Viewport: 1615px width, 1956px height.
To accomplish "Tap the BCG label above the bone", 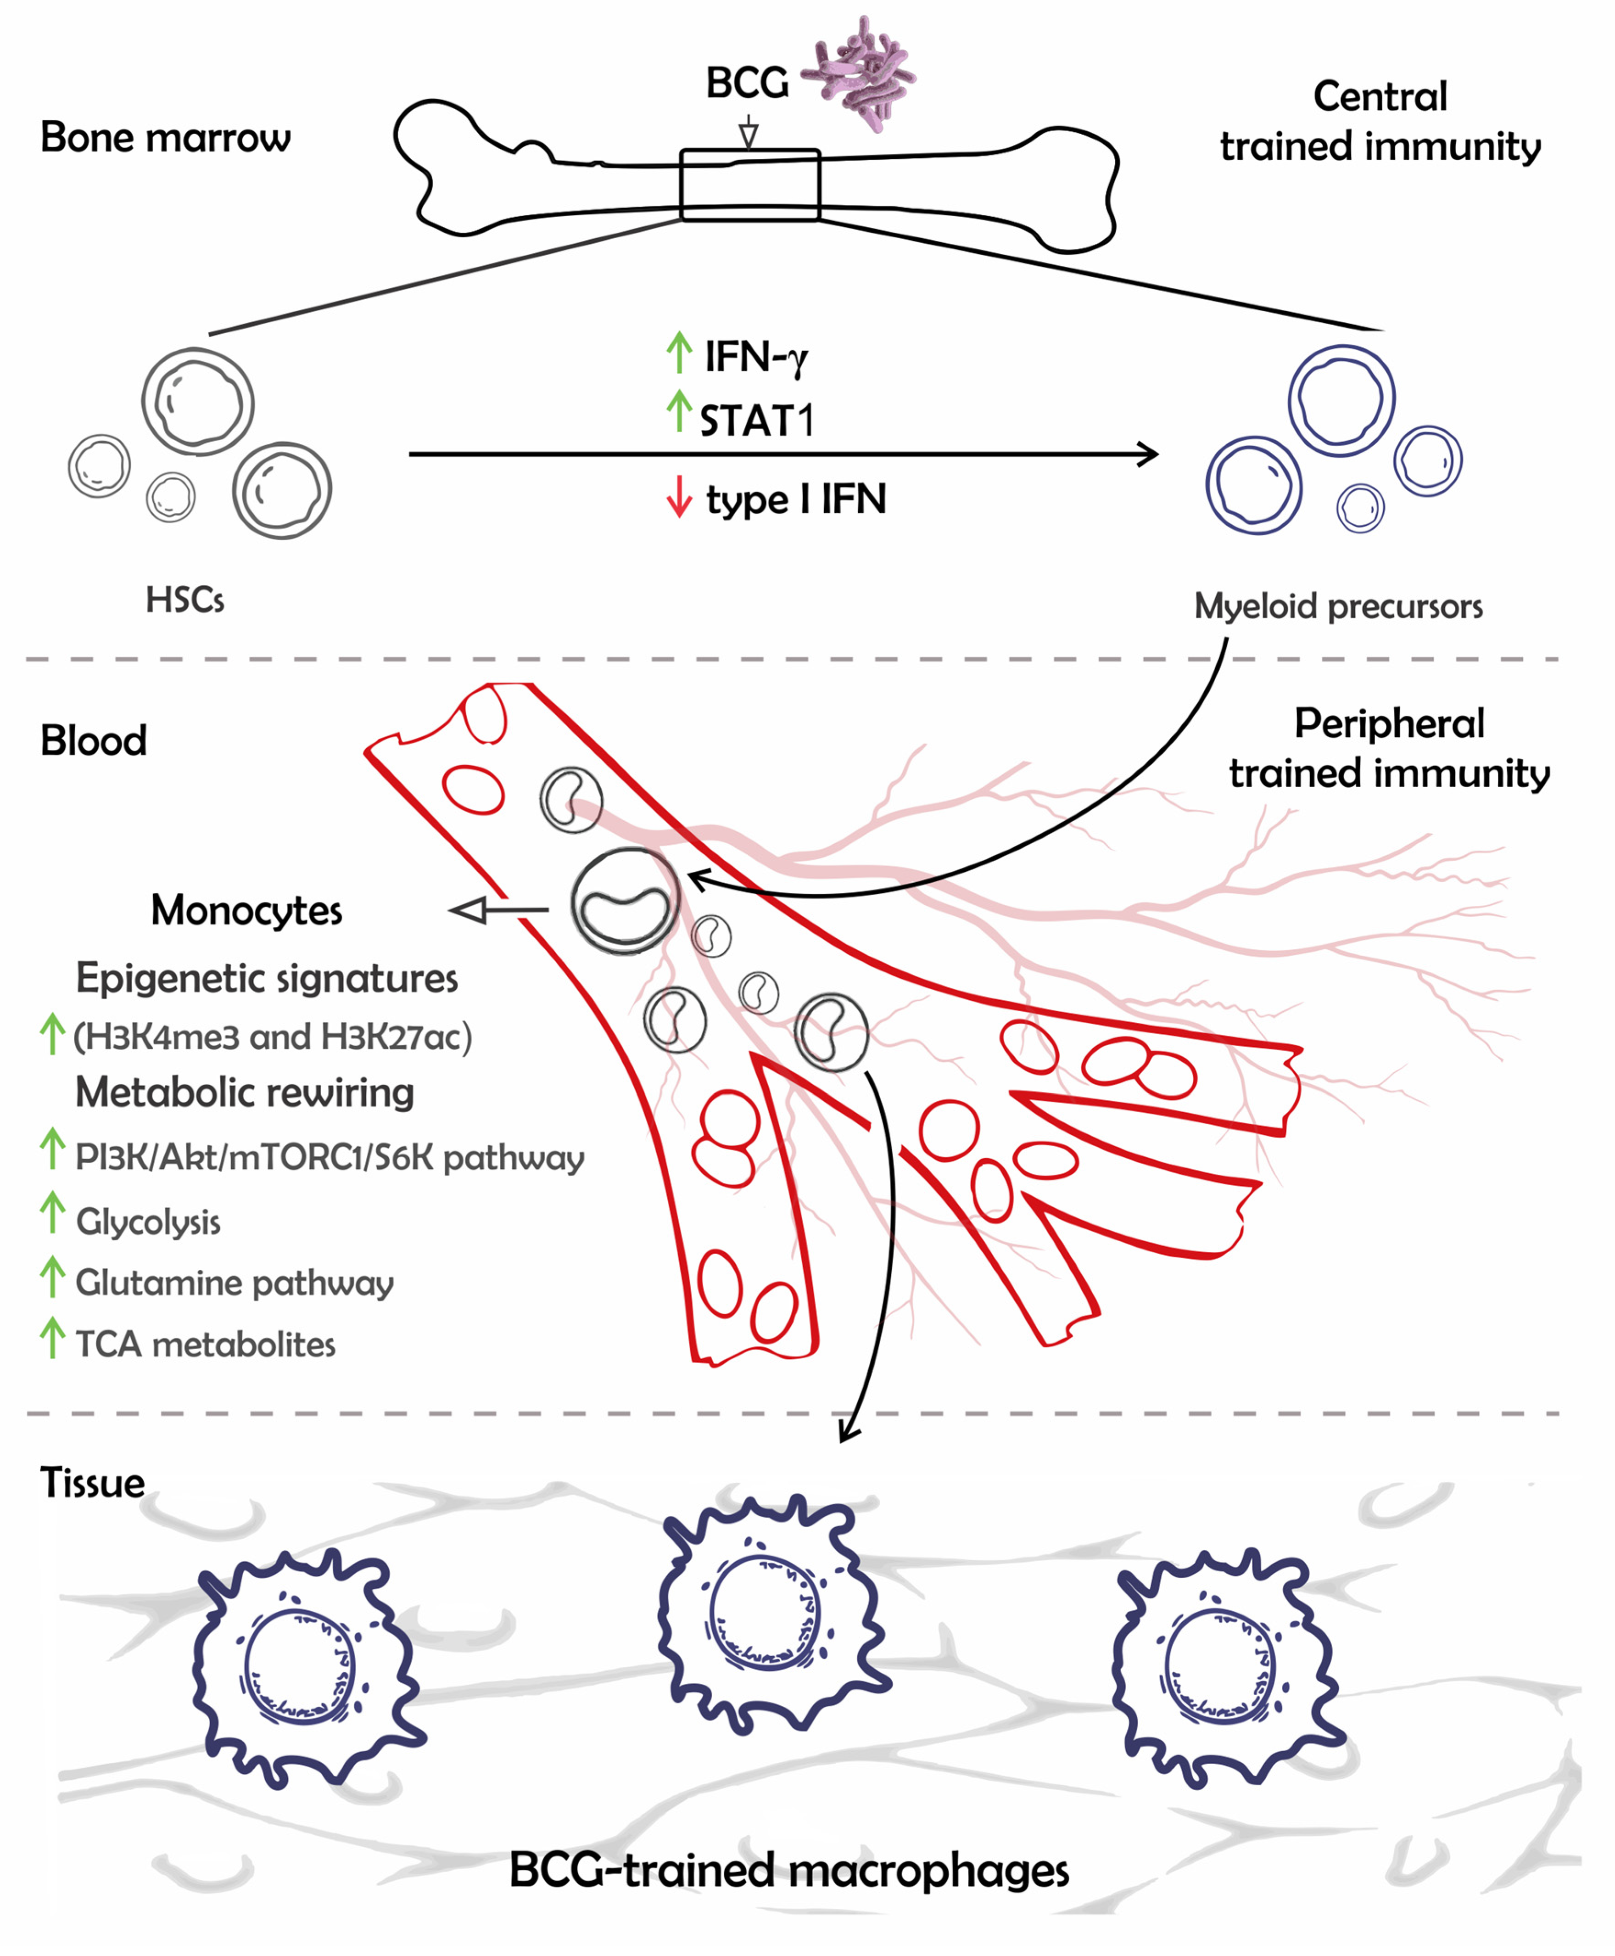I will [x=746, y=84].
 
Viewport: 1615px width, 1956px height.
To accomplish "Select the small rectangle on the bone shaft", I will [x=750, y=185].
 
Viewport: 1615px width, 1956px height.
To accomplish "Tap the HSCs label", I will [x=184, y=600].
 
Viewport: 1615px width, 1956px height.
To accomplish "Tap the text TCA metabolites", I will [x=205, y=1345].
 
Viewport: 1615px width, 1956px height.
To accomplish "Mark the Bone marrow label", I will [x=166, y=138].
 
